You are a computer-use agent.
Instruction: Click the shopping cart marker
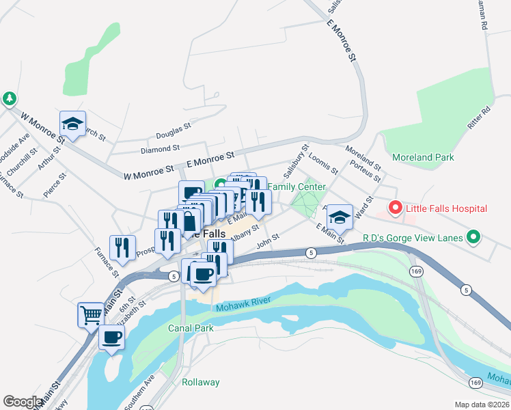[x=91, y=315]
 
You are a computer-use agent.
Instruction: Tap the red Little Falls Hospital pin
[x=395, y=207]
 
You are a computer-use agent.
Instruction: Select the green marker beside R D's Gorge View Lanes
[x=472, y=238]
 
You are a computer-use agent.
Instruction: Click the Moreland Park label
[x=423, y=157]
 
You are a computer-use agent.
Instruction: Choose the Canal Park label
[x=191, y=328]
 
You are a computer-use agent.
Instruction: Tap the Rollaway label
[x=201, y=382]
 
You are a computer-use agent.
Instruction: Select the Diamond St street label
[x=159, y=148]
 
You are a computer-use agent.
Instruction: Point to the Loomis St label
[x=323, y=163]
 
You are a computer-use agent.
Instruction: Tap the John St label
[x=268, y=241]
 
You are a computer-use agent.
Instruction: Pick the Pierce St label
[x=54, y=185]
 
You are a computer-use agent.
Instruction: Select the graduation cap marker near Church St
[x=72, y=123]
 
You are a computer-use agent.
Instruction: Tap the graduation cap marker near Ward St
[x=339, y=217]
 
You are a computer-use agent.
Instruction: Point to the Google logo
[x=23, y=402]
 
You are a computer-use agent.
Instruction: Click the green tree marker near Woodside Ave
[x=9, y=99]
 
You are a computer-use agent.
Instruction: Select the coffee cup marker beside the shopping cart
[x=112, y=336]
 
